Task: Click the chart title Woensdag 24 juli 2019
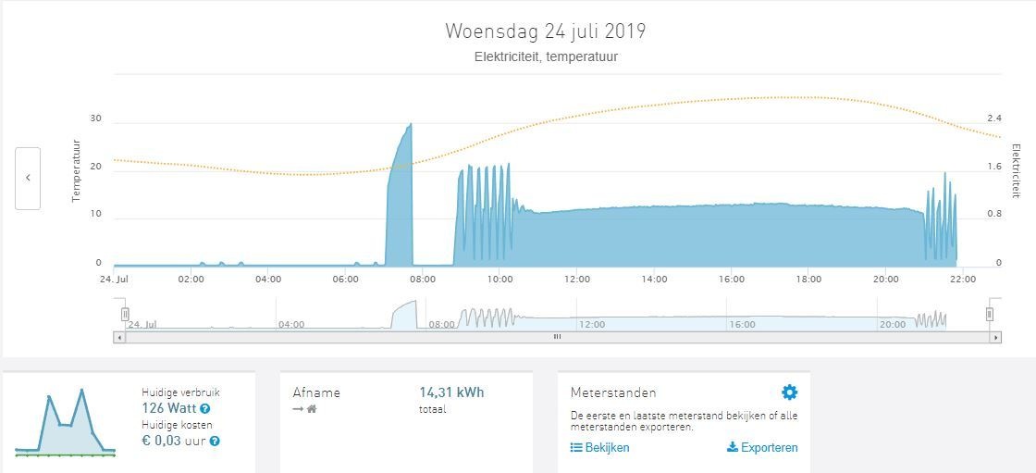click(545, 31)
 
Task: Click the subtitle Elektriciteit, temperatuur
click(545, 56)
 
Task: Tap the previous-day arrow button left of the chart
click(28, 178)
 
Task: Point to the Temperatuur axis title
click(77, 171)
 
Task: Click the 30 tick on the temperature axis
click(96, 118)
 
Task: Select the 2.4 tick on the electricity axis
click(994, 118)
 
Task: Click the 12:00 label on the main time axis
click(576, 279)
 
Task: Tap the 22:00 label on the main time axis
click(962, 279)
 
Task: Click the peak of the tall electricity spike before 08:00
click(410, 124)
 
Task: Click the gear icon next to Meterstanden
click(789, 392)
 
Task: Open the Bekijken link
click(600, 448)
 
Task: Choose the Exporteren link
click(762, 448)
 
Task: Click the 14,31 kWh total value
click(451, 392)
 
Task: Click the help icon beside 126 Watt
click(204, 408)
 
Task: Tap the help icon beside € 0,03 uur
click(215, 442)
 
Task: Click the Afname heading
click(316, 392)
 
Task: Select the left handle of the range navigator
click(125, 314)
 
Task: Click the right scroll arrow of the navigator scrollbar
click(995, 337)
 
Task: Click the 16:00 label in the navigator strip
click(742, 325)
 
